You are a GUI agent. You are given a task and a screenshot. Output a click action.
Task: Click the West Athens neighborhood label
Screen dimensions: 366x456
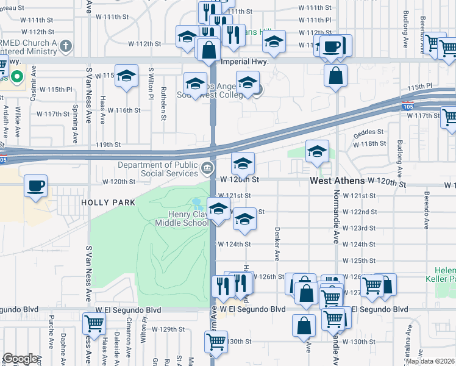(337, 181)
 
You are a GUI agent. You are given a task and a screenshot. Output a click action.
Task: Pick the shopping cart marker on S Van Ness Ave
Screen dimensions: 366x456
(93, 323)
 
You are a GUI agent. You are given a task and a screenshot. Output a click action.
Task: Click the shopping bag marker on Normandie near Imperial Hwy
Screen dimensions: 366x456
(335, 76)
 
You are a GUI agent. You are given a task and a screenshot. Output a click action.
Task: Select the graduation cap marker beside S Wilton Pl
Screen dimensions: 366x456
(126, 76)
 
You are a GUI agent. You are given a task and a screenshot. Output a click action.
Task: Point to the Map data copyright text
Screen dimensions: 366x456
(430, 361)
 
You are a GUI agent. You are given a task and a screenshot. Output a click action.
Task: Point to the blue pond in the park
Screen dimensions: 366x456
(196, 202)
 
